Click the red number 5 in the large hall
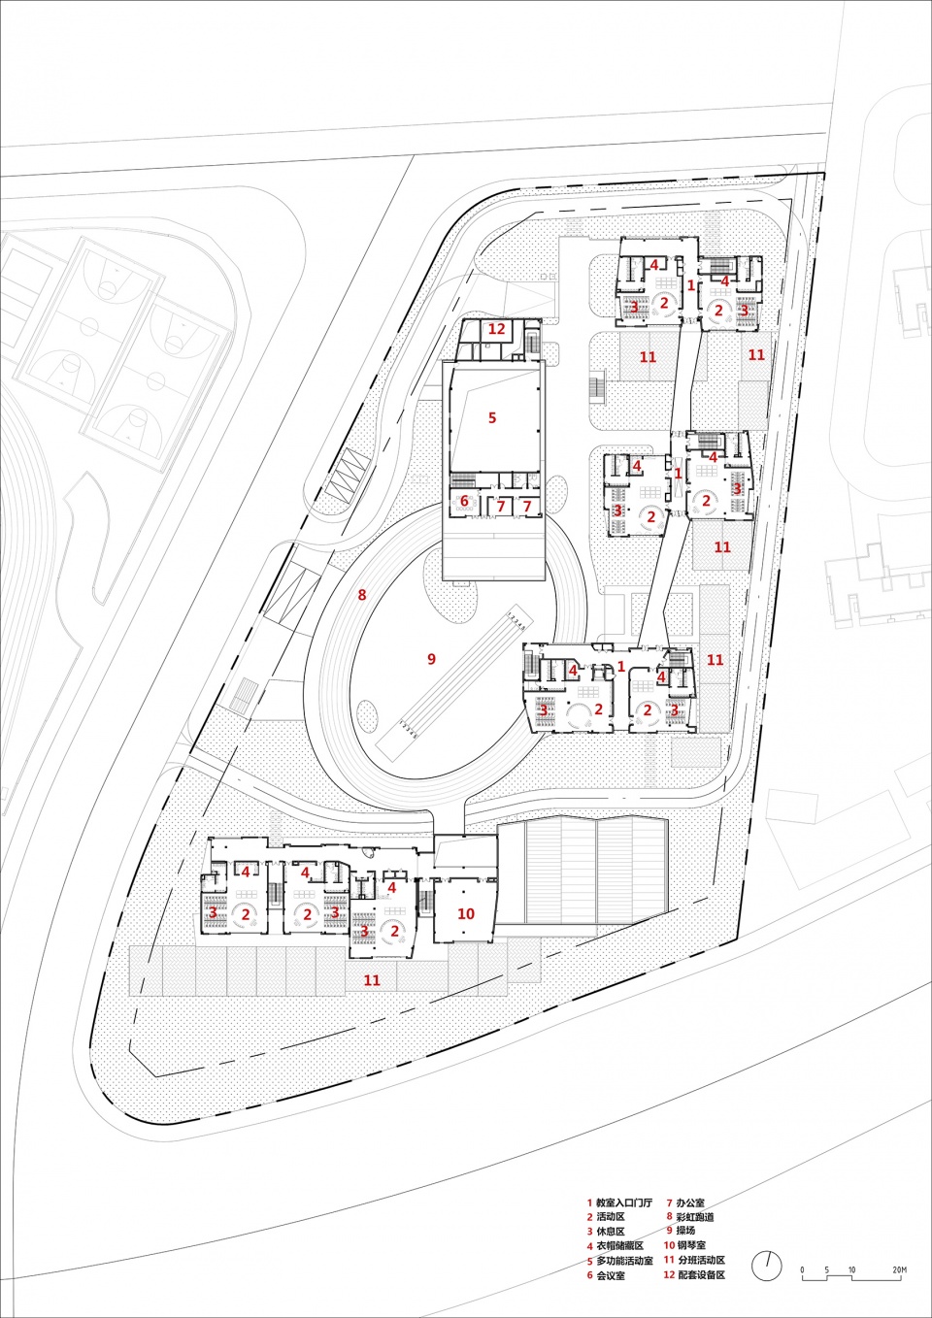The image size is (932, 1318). [x=492, y=417]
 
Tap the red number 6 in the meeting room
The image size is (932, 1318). [x=464, y=502]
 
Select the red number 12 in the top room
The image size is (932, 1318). [x=497, y=329]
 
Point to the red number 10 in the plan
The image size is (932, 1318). [x=466, y=914]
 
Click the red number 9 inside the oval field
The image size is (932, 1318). [x=431, y=659]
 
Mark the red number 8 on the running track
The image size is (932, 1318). [x=362, y=595]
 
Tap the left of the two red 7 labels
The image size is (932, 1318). [x=501, y=506]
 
